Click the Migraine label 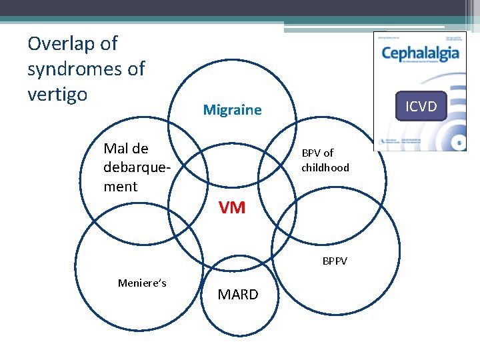click(232, 110)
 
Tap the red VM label click(232, 208)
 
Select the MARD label click(237, 295)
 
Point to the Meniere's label click(142, 283)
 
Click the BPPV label click(335, 261)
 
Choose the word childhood click(325, 167)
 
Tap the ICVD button click(421, 106)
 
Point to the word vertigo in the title click(57, 94)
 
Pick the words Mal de click(126, 148)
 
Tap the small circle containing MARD click(238, 313)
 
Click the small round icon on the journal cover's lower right click(457, 142)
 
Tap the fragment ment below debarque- click(121, 187)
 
